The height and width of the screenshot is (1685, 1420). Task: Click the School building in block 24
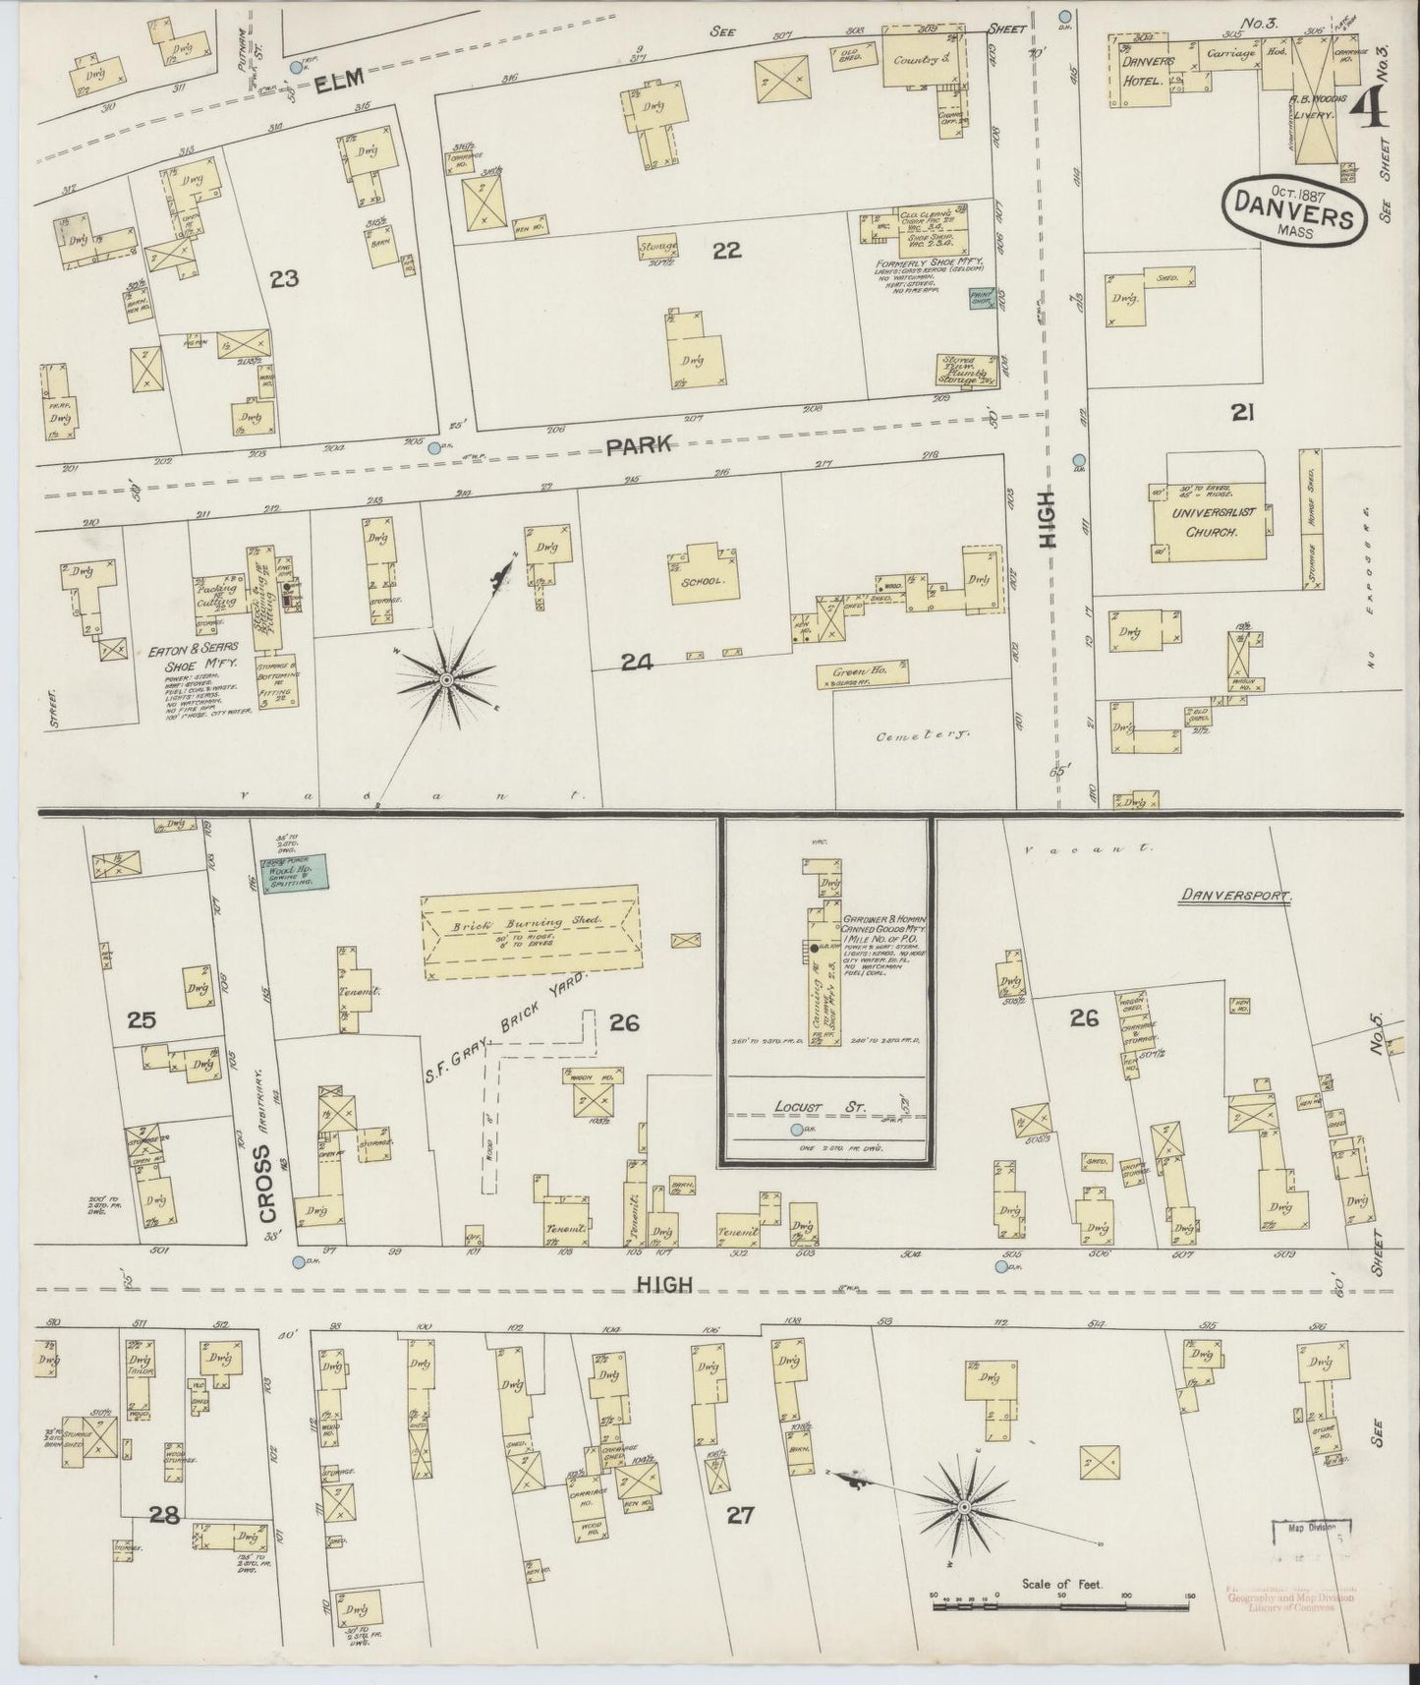tap(704, 580)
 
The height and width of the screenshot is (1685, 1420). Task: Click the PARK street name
tap(639, 445)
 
